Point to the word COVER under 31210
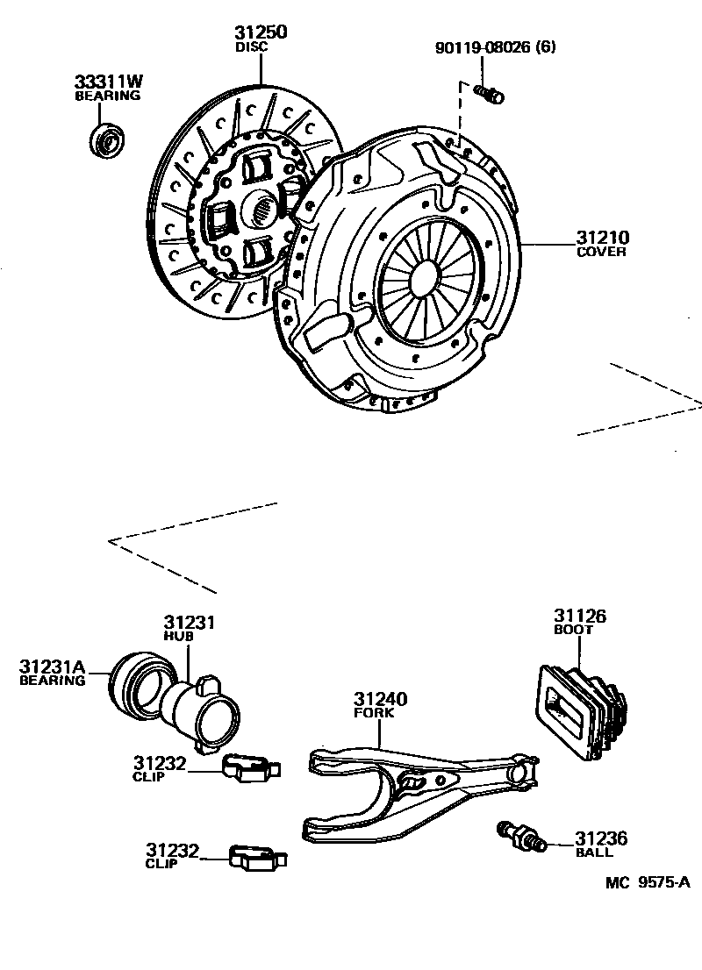pyautogui.click(x=601, y=253)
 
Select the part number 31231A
pyautogui.click(x=53, y=667)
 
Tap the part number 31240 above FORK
pyautogui.click(x=380, y=700)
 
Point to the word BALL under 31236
pyautogui.click(x=594, y=852)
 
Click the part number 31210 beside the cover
pyautogui.click(x=602, y=238)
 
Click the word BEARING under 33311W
pyautogui.click(x=106, y=95)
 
